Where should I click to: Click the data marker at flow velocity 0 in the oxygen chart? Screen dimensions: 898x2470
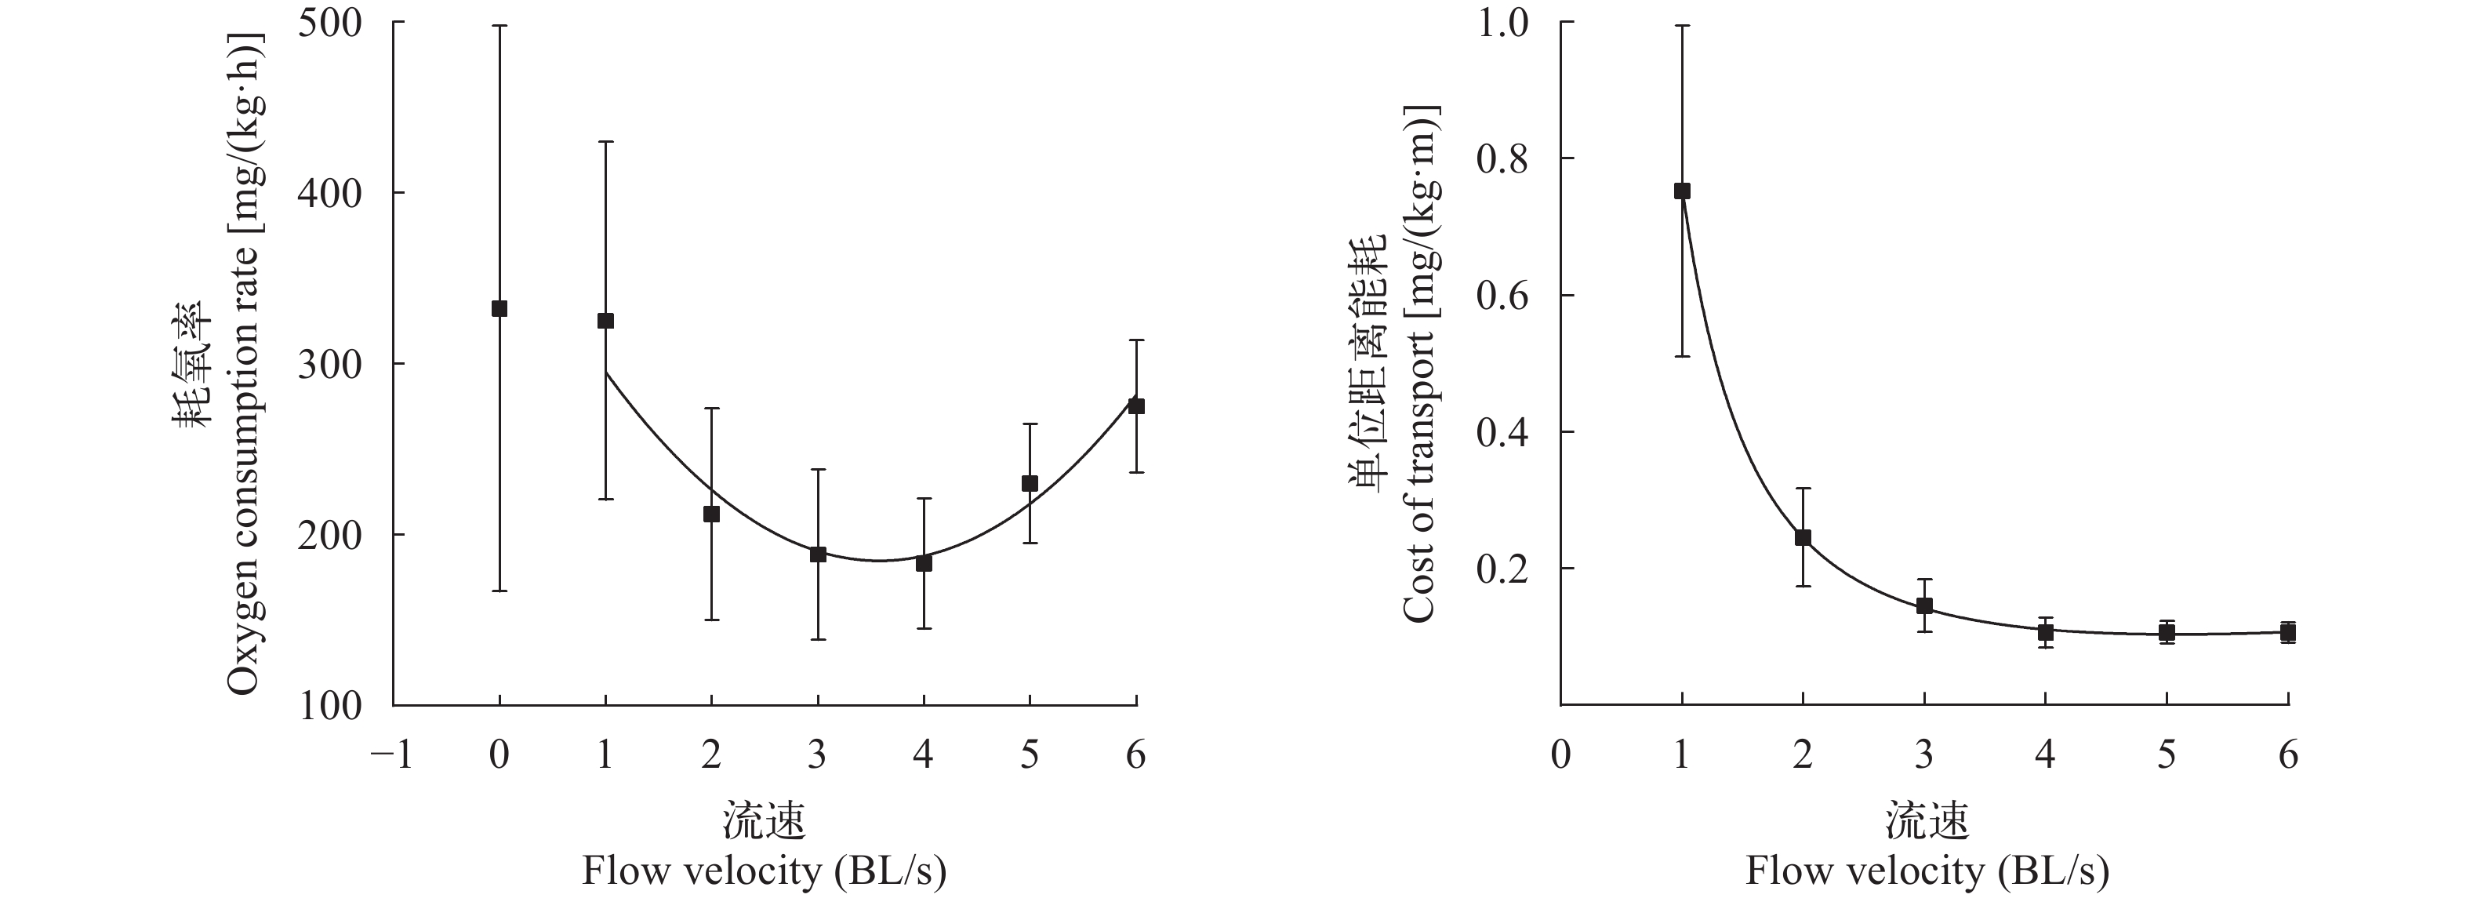click(499, 309)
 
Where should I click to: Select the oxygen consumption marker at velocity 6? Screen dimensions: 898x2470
click(1136, 405)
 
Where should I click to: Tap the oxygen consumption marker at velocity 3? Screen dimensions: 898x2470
click(818, 554)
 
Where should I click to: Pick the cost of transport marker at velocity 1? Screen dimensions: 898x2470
click(1682, 191)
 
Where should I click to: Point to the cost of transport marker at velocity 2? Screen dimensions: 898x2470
click(1803, 537)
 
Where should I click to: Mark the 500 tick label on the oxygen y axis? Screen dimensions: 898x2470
click(330, 23)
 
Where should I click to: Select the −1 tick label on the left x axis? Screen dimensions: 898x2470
click(391, 756)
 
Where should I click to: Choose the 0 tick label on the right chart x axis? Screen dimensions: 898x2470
click(1561, 756)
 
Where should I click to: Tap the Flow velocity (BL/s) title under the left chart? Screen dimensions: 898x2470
click(765, 871)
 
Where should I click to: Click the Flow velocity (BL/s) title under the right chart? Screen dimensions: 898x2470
click(1927, 871)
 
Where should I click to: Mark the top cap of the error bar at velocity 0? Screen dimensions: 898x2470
click(499, 26)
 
